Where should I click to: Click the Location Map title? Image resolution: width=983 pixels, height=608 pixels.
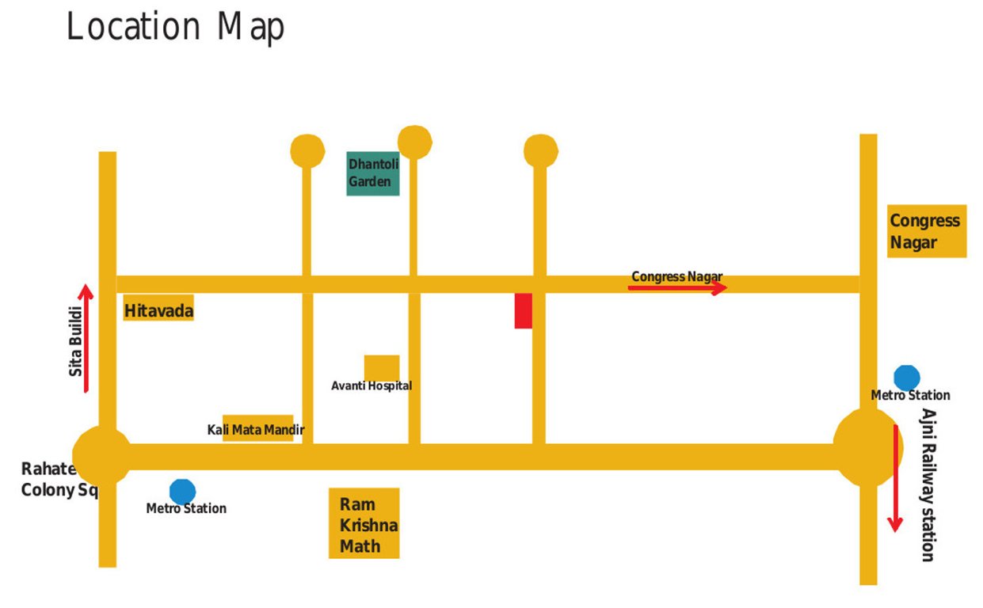[175, 27]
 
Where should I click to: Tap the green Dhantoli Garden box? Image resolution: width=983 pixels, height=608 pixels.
[372, 173]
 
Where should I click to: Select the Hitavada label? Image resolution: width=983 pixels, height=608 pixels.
[158, 310]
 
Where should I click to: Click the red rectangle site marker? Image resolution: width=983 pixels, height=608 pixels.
[523, 310]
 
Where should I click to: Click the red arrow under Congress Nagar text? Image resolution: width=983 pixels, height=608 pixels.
[677, 288]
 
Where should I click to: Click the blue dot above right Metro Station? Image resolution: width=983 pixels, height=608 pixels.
[906, 378]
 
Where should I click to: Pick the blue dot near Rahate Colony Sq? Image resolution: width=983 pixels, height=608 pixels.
[182, 491]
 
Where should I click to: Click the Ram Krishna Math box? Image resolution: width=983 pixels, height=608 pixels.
[364, 523]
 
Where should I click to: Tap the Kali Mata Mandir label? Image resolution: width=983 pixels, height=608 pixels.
[257, 430]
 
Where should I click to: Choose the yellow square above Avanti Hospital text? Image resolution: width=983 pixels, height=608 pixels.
[381, 367]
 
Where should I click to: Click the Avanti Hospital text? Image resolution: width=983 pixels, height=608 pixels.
[371, 386]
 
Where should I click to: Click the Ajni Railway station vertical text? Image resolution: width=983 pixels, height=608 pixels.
[928, 484]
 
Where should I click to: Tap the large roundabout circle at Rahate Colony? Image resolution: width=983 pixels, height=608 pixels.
[102, 456]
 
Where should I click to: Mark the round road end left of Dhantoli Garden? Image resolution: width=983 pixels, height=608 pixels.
[307, 150]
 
